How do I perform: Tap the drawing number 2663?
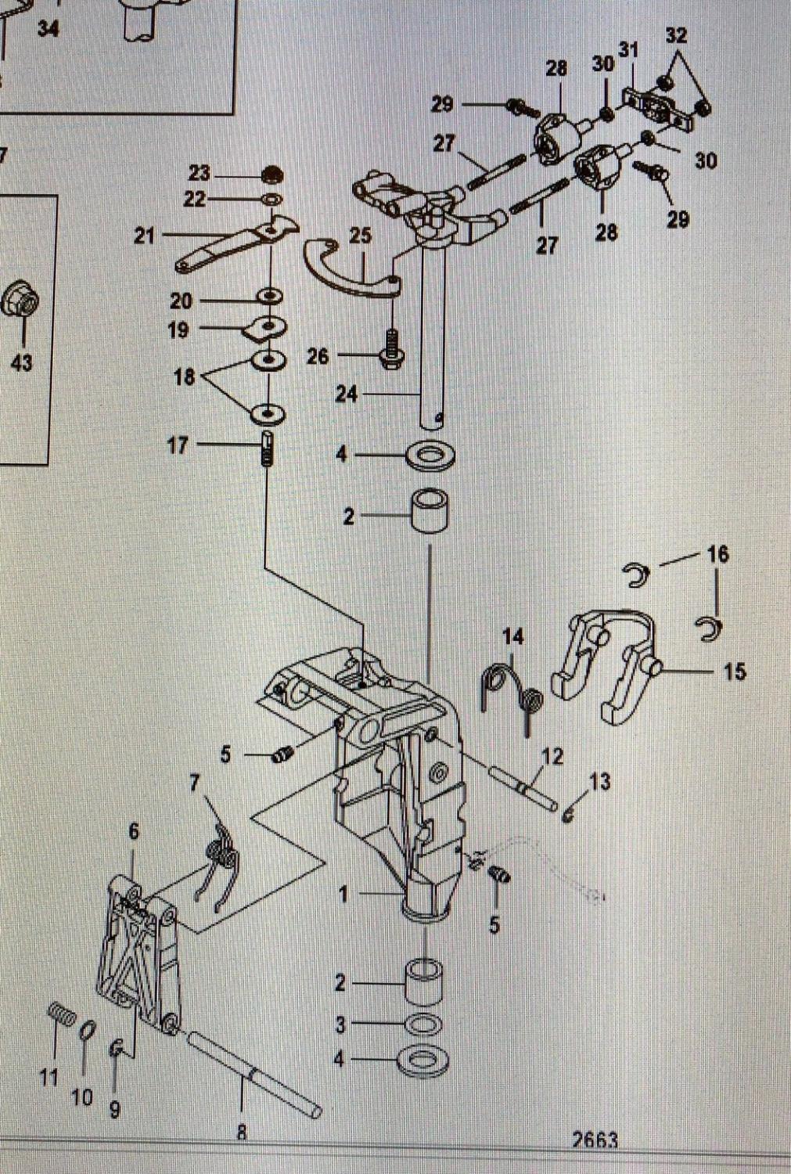[595, 1140]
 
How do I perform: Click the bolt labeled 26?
[391, 348]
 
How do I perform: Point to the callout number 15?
[734, 671]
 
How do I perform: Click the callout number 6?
[133, 831]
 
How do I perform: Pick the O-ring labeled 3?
[423, 1025]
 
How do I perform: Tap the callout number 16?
[717, 554]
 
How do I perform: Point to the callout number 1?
[343, 894]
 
